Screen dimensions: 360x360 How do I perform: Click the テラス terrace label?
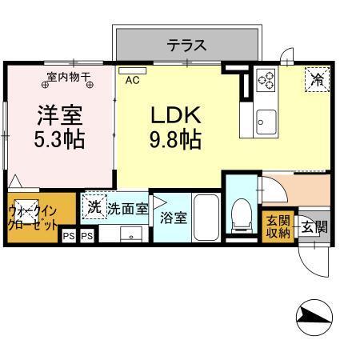186,46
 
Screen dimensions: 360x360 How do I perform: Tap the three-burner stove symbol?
266,80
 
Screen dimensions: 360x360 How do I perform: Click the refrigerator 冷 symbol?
317,79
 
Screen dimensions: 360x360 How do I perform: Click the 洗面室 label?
128,209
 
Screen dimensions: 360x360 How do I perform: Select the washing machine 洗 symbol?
94,206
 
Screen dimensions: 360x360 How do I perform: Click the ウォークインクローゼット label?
32,218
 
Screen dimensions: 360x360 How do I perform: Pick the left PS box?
69,236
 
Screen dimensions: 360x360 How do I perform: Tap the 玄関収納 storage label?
278,226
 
